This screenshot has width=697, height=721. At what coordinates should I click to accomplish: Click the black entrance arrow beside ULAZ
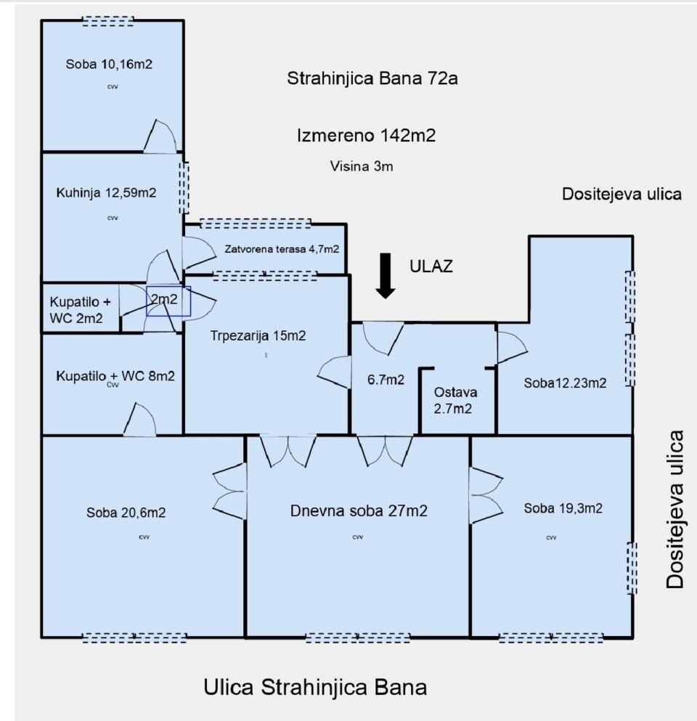386,275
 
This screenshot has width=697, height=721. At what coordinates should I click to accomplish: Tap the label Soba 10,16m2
109,65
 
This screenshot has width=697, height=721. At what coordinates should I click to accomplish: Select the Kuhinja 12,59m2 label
106,192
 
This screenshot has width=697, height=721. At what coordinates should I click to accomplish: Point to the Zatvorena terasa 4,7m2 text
282,249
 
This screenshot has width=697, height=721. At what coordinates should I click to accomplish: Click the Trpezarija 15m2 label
258,335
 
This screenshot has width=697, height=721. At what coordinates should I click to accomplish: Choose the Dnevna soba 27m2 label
359,511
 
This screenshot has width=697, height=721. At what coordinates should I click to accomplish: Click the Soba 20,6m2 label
126,513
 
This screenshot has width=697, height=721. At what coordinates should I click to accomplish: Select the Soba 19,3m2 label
563,508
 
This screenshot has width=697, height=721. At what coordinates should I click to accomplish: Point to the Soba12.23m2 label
565,383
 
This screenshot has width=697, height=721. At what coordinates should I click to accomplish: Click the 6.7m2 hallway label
386,380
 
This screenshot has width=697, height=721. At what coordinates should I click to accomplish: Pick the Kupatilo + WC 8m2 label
115,377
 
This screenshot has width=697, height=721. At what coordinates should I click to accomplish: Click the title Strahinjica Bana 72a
372,78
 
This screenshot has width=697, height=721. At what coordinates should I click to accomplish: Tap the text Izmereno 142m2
366,136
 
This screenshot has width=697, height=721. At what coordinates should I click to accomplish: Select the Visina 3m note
362,166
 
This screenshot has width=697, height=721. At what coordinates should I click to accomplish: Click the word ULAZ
431,266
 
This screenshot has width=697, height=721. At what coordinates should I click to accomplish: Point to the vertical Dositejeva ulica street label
675,510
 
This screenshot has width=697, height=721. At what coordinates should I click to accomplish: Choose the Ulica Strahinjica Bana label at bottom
315,688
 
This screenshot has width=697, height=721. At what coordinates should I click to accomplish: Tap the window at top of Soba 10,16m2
108,21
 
